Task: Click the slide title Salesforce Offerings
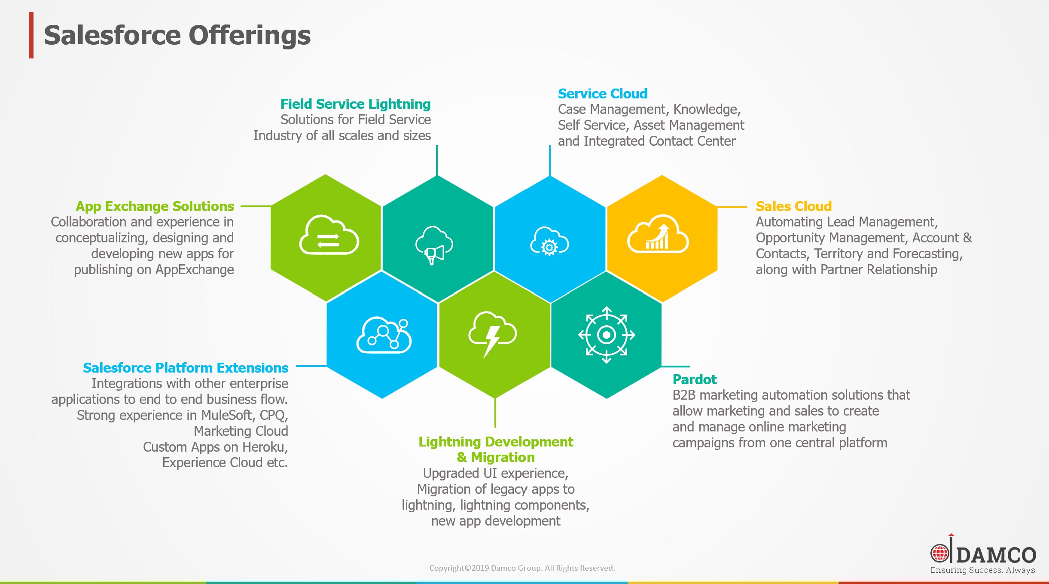pos(177,35)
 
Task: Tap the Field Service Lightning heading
pos(355,104)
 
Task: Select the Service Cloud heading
pos(603,93)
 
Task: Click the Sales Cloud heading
pos(793,206)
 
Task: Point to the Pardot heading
pos(695,379)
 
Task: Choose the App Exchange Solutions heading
pos(155,206)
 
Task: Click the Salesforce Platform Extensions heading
pos(186,368)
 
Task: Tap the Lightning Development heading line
pos(496,442)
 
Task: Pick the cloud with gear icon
pos(549,242)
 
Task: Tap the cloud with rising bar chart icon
pos(658,234)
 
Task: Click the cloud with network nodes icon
pos(384,335)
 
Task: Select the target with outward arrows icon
pos(607,335)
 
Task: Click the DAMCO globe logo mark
pos(939,553)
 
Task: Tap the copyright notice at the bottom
pos(522,568)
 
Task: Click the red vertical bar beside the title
pos(31,35)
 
